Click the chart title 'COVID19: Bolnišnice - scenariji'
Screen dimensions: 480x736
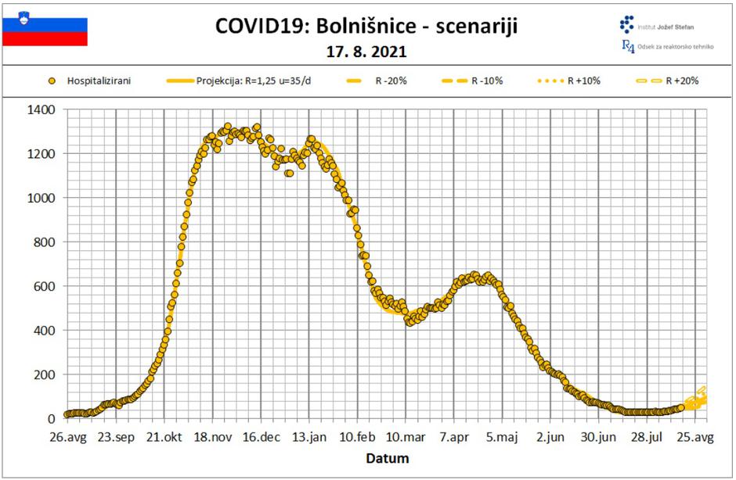(x=366, y=27)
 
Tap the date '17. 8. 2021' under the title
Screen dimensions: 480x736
(x=366, y=52)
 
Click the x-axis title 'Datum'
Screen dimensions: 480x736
(x=388, y=458)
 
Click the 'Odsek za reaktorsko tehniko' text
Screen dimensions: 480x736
(x=676, y=47)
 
